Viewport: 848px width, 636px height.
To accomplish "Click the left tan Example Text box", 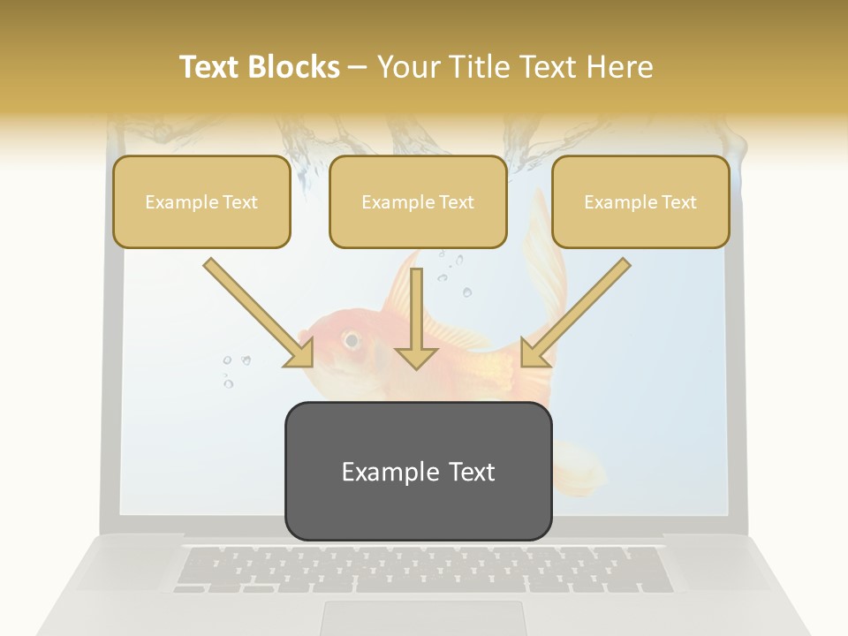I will [201, 202].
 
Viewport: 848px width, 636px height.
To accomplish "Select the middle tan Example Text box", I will [418, 202].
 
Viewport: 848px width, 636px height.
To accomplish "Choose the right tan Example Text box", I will [640, 202].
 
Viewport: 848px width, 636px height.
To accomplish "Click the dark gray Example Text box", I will [418, 471].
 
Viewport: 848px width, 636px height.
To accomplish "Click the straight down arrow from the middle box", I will [416, 318].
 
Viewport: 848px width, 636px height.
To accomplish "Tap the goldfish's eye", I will [352, 339].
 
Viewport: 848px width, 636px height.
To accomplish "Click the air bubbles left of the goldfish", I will [233, 369].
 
